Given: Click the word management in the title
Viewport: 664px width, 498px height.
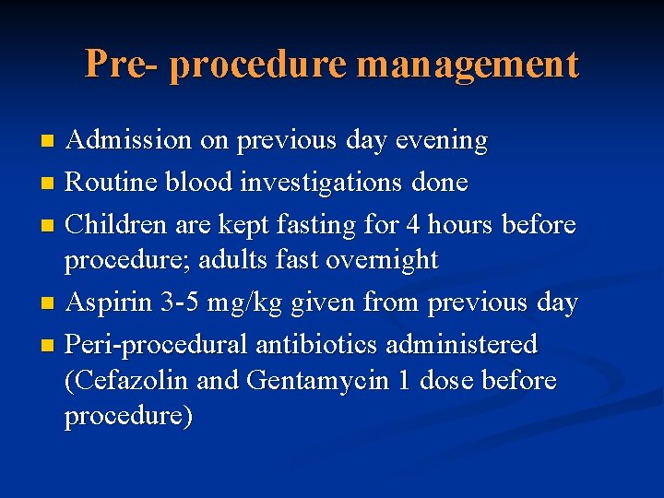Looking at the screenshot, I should (x=468, y=65).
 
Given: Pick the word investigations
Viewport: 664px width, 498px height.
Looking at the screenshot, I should (x=317, y=183).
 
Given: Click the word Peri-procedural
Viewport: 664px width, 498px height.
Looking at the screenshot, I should (x=157, y=345).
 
